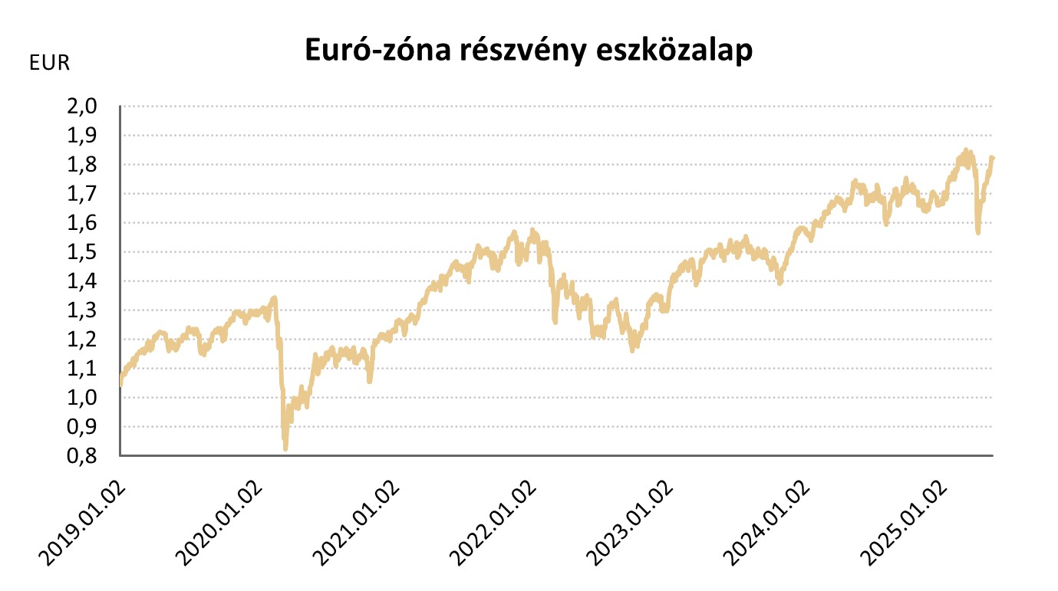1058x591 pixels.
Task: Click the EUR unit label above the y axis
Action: tap(49, 64)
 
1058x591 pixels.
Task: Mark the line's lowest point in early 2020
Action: tap(285, 448)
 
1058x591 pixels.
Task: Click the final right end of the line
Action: tap(992, 158)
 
